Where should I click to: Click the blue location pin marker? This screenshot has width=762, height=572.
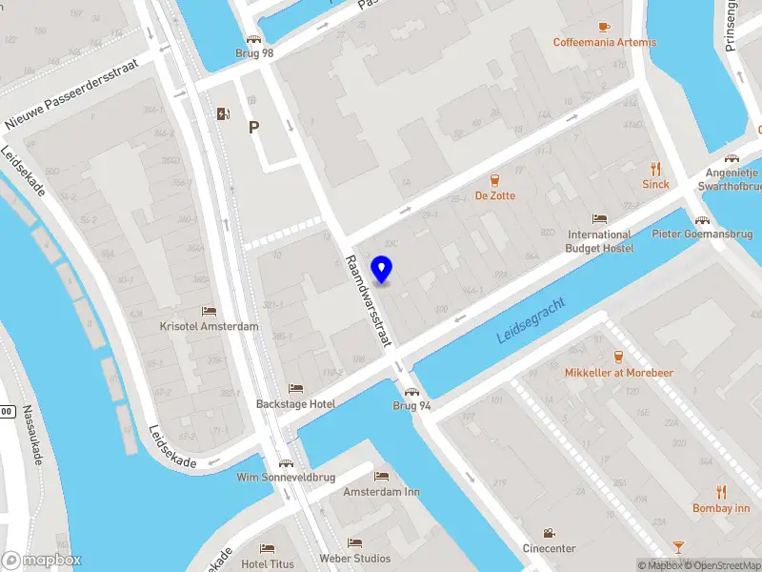(x=383, y=270)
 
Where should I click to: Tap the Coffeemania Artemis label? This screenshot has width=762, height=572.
(x=604, y=42)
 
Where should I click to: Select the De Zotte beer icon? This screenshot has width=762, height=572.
(x=495, y=179)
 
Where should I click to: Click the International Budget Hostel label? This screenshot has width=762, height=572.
(x=599, y=241)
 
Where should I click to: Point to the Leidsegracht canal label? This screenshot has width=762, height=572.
(x=531, y=320)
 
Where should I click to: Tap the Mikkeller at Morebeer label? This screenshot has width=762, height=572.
(x=618, y=372)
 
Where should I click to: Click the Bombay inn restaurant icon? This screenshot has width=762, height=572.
(x=721, y=492)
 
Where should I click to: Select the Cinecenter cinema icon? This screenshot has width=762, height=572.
(x=549, y=533)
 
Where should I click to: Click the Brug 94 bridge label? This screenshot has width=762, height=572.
(x=412, y=405)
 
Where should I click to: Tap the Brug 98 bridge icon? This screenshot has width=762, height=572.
(x=254, y=38)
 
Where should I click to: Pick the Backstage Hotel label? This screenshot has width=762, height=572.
(x=295, y=404)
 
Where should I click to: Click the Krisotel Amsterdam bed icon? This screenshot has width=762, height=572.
(x=209, y=312)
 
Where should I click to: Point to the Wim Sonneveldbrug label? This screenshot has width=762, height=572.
(x=286, y=477)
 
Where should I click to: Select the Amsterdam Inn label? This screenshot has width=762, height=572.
(x=381, y=492)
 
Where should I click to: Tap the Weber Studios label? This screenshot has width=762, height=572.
(x=354, y=558)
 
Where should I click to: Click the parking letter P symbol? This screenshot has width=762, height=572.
(x=254, y=127)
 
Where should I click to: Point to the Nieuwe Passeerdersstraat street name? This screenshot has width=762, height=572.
(x=71, y=92)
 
